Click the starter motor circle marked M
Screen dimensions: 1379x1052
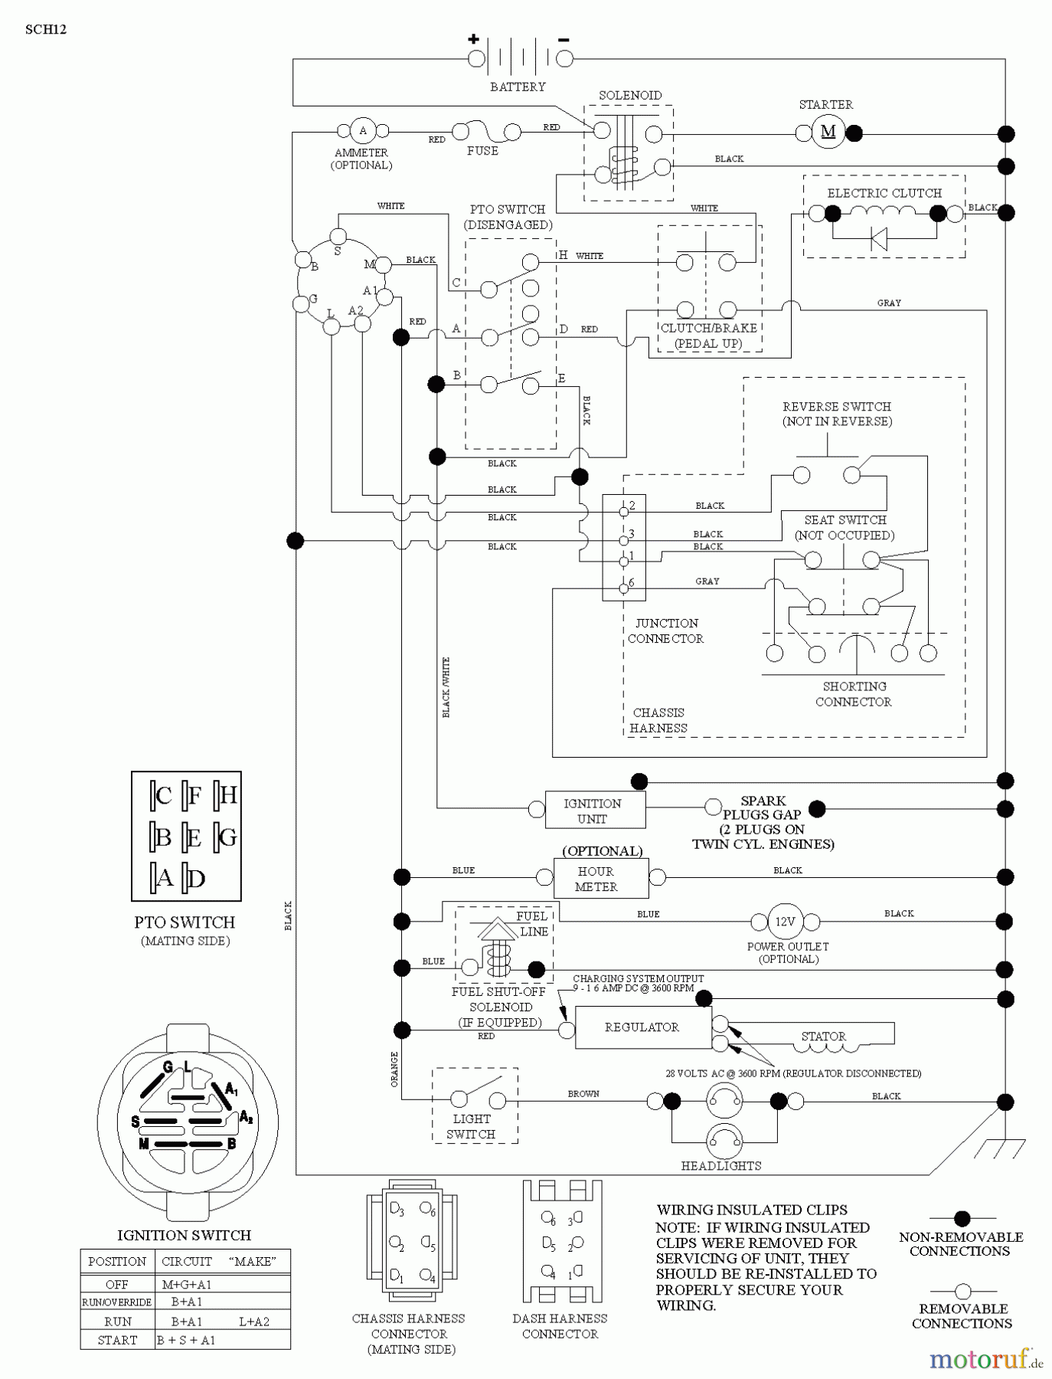tap(828, 132)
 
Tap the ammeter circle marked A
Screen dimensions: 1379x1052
tap(362, 131)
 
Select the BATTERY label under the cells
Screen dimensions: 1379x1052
tap(518, 87)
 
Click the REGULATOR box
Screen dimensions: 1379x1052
tap(642, 1027)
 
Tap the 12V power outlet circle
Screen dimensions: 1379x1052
tap(785, 922)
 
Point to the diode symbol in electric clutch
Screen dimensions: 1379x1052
tap(880, 239)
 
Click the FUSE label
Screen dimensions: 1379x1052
tap(482, 151)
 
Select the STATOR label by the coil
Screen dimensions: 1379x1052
tap(823, 1037)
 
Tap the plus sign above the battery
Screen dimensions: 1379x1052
tap(473, 39)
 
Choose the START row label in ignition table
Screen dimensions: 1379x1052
tap(117, 1340)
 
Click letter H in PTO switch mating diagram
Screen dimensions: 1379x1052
tap(228, 795)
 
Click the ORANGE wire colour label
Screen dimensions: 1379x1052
tap(395, 1069)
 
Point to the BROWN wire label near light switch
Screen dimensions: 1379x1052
tap(583, 1093)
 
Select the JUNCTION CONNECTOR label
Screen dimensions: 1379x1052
tap(666, 631)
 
